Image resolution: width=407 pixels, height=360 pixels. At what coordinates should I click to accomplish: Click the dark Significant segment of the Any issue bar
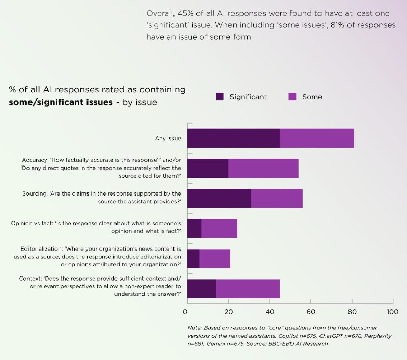pyautogui.click(x=234, y=139)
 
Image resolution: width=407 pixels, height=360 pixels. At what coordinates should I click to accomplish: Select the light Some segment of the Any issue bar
pyautogui.click(x=316, y=139)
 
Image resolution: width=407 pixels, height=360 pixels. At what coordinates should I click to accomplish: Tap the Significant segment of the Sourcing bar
pyautogui.click(x=219, y=199)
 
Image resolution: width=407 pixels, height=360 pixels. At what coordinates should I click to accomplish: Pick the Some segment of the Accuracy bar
pyautogui.click(x=263, y=169)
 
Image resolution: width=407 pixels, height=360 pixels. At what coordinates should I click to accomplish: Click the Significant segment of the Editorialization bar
pyautogui.click(x=193, y=259)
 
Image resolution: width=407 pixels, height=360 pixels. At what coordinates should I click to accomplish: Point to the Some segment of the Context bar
pyautogui.click(x=248, y=289)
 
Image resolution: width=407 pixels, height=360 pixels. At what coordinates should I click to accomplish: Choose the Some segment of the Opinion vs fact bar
pyautogui.click(x=219, y=229)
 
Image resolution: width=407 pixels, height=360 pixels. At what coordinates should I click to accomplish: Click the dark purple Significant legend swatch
pyautogui.click(x=220, y=97)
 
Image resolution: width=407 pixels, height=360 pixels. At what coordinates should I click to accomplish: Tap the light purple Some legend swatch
pyautogui.click(x=293, y=97)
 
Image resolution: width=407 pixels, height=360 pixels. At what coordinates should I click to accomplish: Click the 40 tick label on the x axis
pyautogui.click(x=269, y=311)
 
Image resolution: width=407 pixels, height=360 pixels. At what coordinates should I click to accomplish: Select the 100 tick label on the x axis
pyautogui.click(x=392, y=311)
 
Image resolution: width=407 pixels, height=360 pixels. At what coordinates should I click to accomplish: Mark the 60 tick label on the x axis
pyautogui.click(x=310, y=311)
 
